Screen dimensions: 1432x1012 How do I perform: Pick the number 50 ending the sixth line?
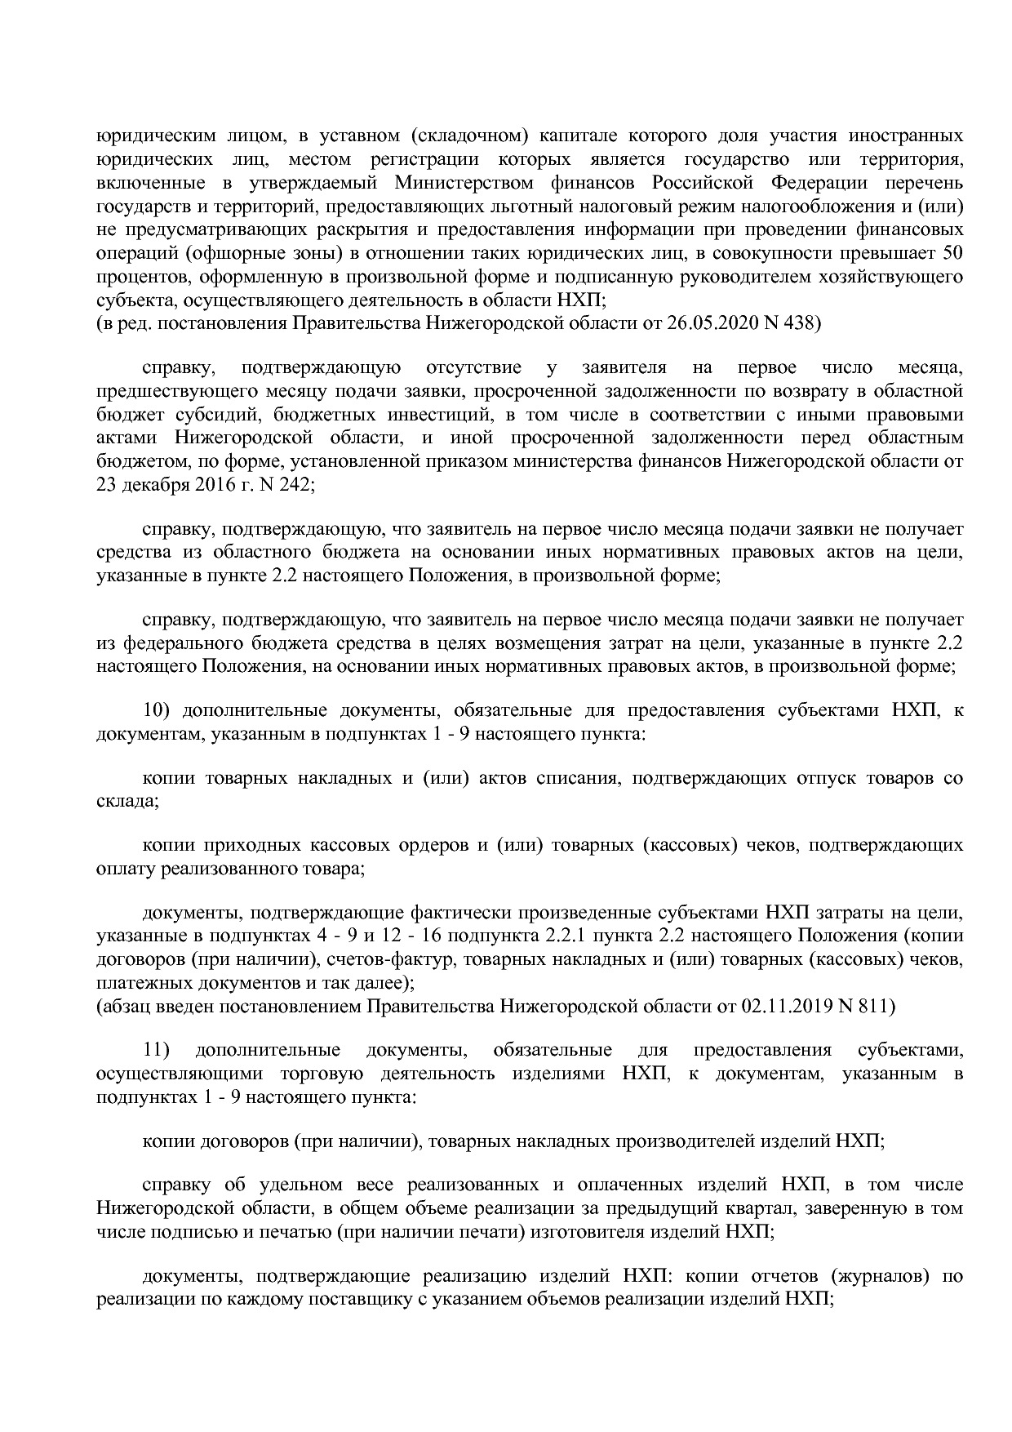(952, 253)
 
